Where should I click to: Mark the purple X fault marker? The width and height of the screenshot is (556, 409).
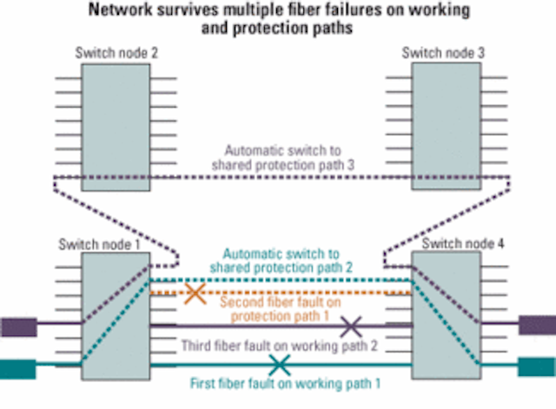[x=351, y=327]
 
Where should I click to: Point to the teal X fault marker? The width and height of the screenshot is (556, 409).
[x=279, y=363]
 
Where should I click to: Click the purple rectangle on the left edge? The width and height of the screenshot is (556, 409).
[x=17, y=327]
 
